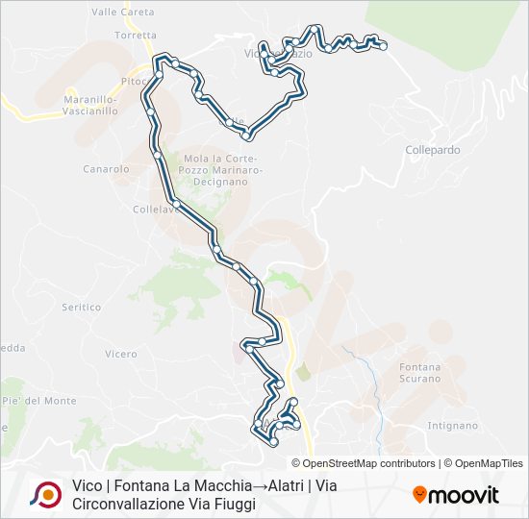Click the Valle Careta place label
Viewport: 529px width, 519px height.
(x=122, y=12)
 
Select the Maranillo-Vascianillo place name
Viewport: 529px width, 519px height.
(x=89, y=105)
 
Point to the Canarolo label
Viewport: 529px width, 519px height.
(x=106, y=169)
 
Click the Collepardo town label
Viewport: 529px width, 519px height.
(x=432, y=150)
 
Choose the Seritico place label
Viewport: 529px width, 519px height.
(x=81, y=308)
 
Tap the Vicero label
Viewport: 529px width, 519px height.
(x=121, y=354)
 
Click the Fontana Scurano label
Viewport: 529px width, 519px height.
(x=420, y=372)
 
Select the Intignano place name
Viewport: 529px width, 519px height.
(x=451, y=425)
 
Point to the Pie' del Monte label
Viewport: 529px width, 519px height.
(x=38, y=400)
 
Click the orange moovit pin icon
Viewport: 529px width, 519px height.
(x=419, y=494)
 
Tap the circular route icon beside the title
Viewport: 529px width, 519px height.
(x=44, y=494)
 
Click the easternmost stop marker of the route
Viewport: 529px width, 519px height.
(x=383, y=45)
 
